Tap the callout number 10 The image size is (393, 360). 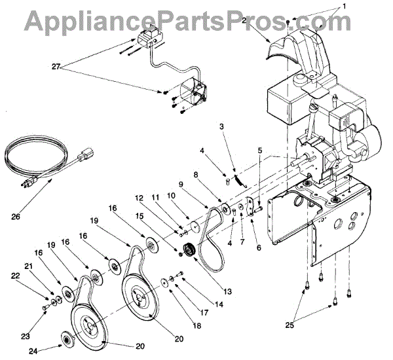pyautogui.click(x=171, y=196)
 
